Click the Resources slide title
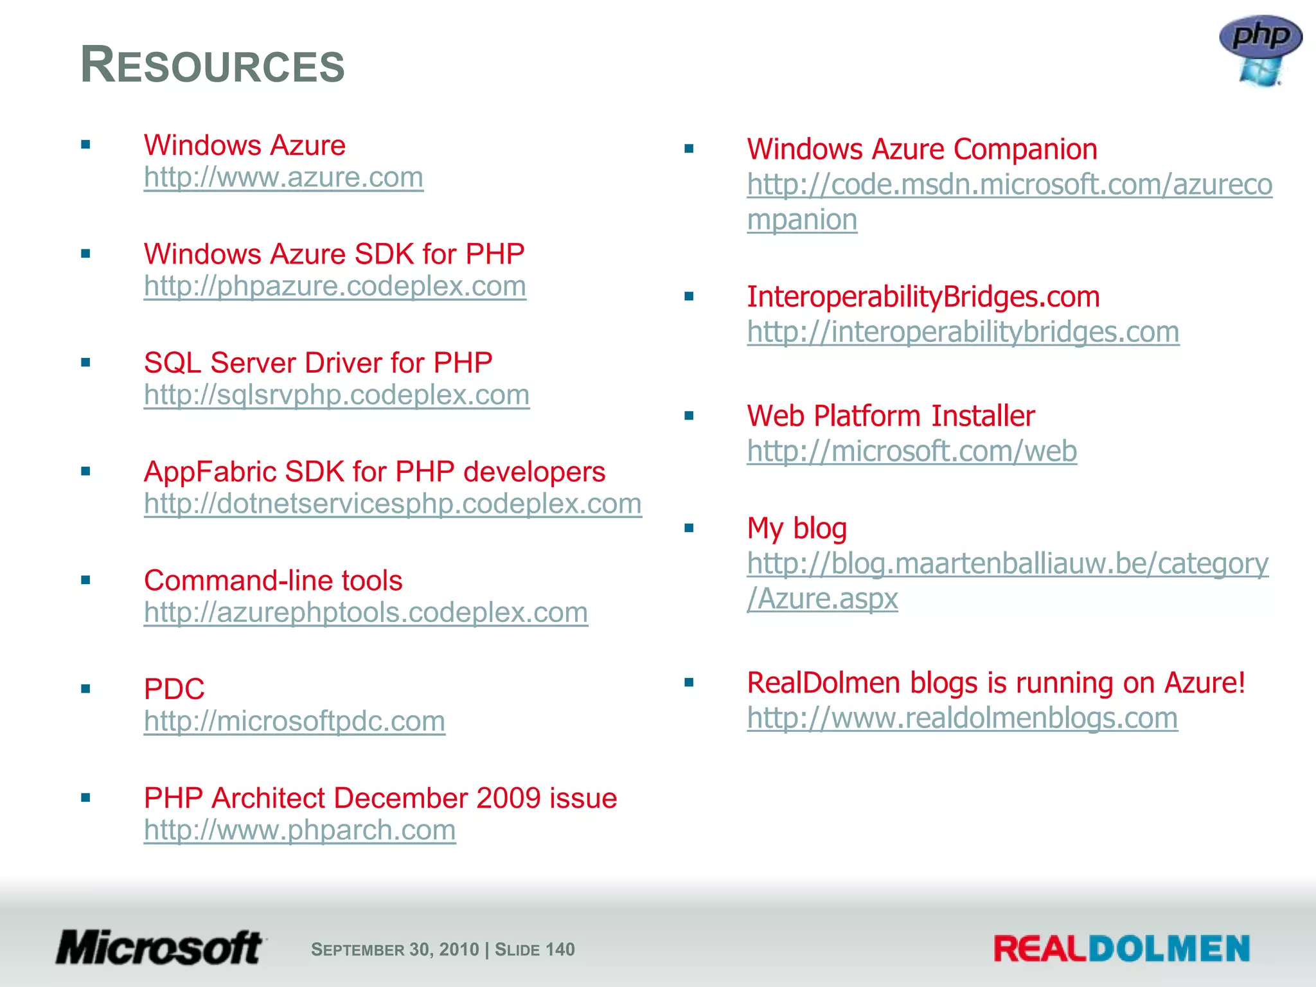(213, 66)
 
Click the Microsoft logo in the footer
(159, 948)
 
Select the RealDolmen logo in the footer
(1121, 948)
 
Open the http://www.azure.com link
(283, 177)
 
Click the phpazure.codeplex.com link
(335, 286)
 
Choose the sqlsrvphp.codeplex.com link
(337, 395)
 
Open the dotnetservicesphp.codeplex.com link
(393, 504)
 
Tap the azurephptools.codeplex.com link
(366, 612)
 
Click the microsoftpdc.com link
(294, 721)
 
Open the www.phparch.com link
(299, 830)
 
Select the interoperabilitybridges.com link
(963, 332)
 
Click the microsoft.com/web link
(911, 451)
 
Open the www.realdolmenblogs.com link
(962, 718)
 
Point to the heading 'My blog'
(797, 529)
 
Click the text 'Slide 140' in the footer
(535, 949)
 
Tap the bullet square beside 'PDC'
(85, 689)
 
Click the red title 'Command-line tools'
(273, 580)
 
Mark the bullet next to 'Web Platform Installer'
(689, 416)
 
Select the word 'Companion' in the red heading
(1025, 149)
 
